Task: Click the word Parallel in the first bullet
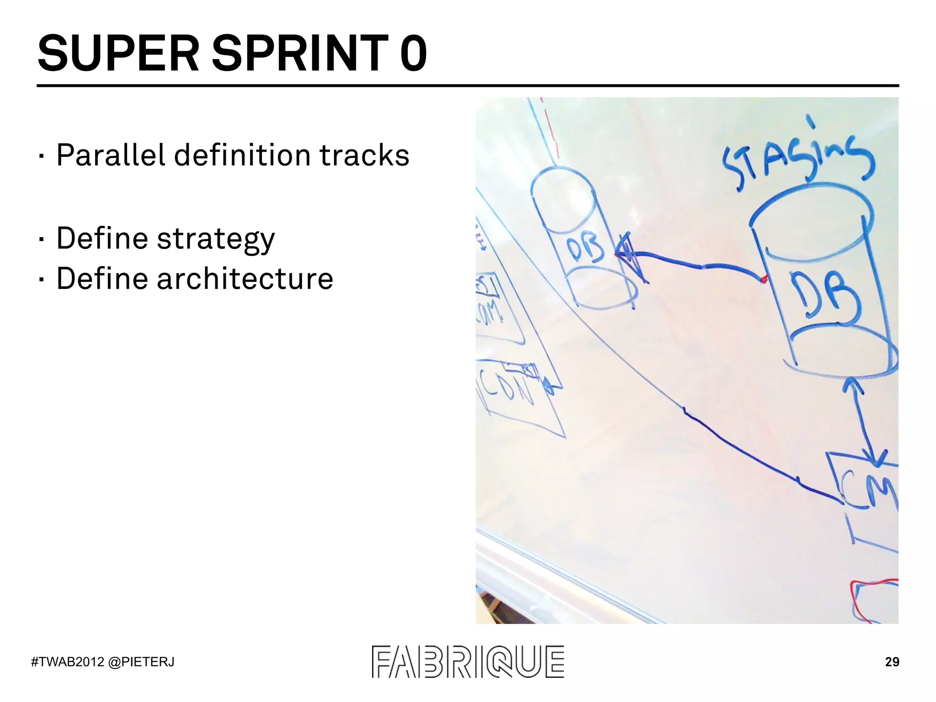point(110,155)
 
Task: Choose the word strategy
point(216,239)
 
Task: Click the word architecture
point(245,279)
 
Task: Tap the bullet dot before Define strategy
point(42,239)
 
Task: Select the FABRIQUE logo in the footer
point(468,661)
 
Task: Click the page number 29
point(892,662)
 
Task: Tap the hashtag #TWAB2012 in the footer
point(68,662)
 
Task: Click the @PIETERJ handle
point(141,662)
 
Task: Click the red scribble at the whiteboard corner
point(871,599)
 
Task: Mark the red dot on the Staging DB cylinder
point(763,279)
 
